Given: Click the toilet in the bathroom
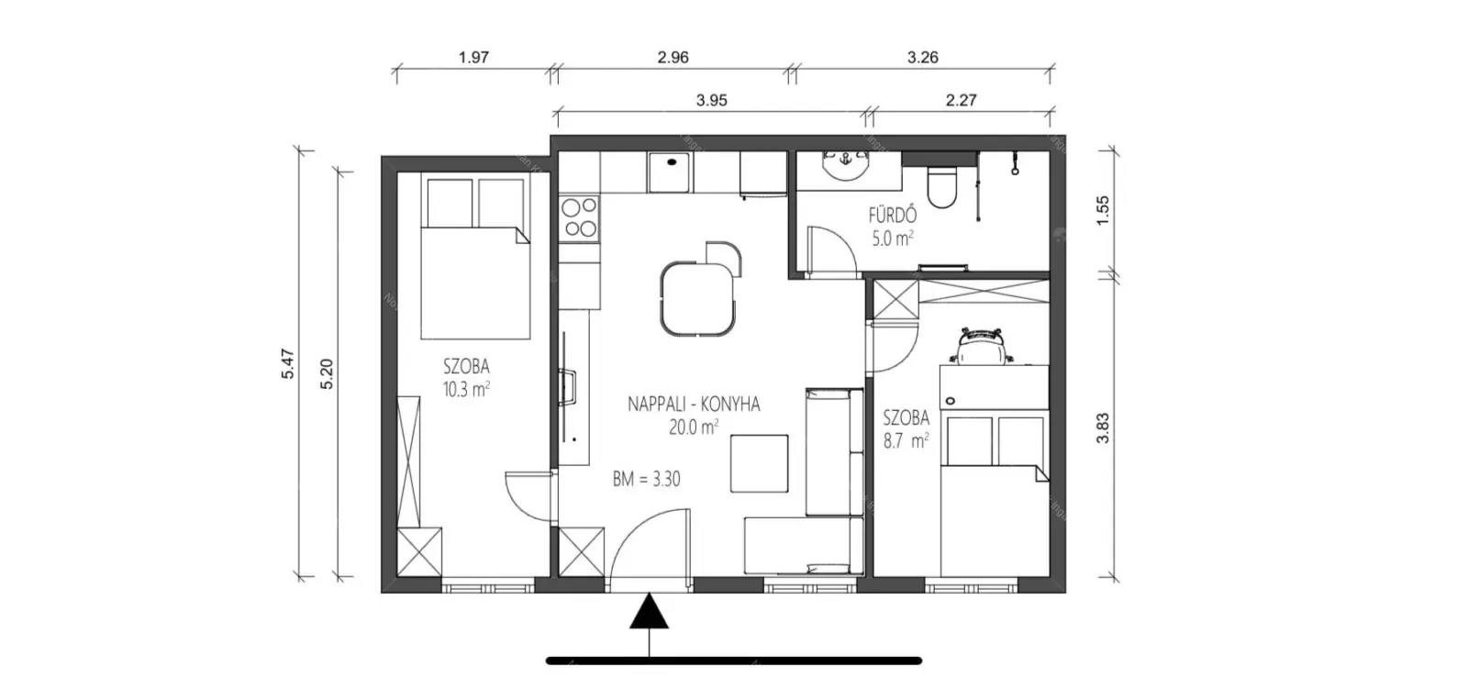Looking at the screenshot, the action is point(941,187).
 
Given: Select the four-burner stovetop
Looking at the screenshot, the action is point(580,217).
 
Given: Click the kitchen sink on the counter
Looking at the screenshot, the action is point(670,172).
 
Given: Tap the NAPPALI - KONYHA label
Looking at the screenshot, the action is point(694,405).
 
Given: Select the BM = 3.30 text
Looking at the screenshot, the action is point(646,479).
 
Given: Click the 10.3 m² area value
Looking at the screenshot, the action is point(466,389).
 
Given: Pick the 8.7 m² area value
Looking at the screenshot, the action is point(906,440).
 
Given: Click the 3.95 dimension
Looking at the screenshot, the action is point(712,100).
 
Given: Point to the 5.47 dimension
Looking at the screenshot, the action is point(288,364).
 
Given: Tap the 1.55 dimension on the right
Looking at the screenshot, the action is point(1103,210).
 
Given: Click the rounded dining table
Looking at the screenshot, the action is point(698,299).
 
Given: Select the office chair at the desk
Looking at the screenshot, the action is point(981,345).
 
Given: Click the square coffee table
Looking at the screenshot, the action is point(759,463).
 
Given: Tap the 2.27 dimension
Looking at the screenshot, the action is point(961,100).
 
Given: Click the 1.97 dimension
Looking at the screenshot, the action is point(473,57).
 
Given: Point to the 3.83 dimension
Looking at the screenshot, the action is point(1103,428).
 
